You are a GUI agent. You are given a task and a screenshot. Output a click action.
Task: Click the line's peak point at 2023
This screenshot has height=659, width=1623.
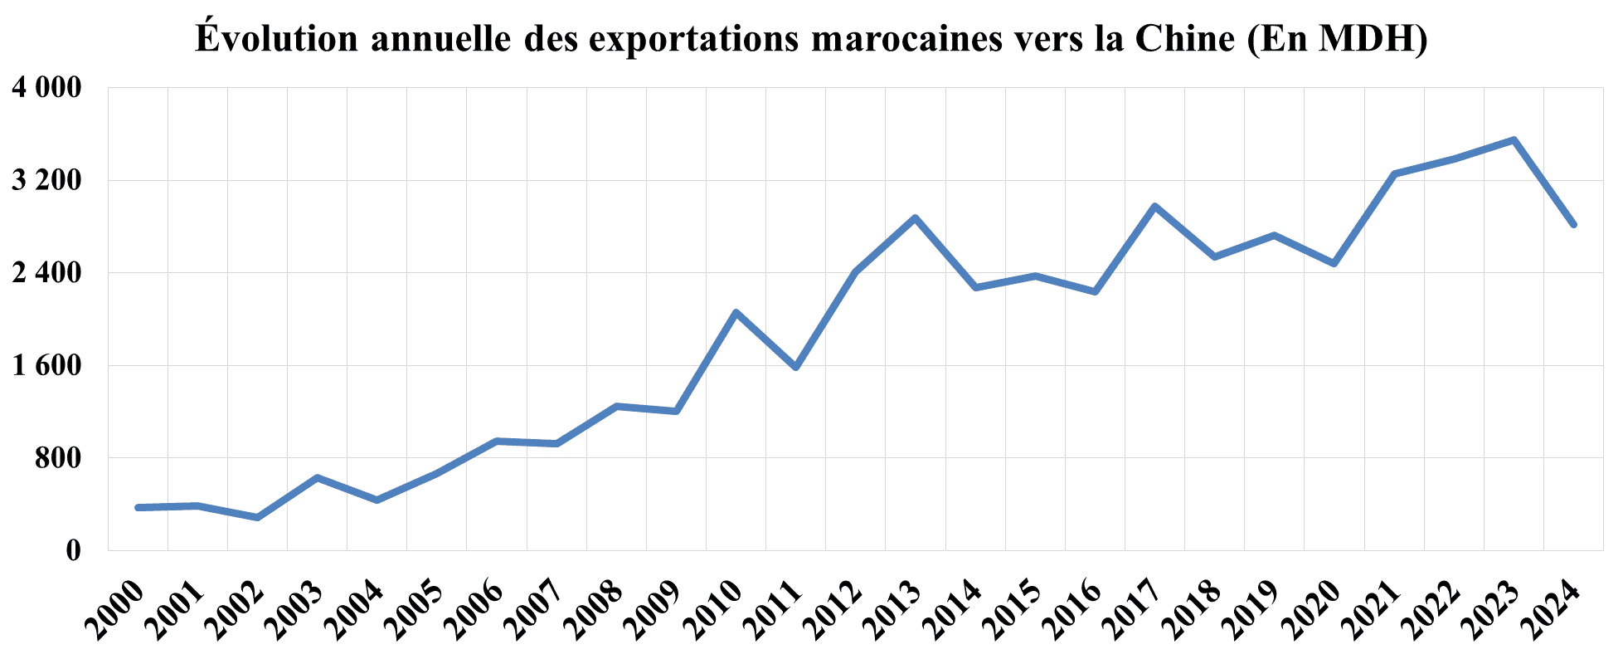coord(1514,140)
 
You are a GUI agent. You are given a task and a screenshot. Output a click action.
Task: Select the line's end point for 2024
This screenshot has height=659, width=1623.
coord(1573,225)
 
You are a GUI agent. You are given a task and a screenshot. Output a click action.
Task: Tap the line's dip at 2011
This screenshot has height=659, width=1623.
coord(795,367)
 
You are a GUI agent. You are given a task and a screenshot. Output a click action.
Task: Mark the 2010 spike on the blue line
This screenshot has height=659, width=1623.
coord(736,312)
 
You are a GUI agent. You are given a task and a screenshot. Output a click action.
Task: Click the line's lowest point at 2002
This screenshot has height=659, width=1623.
coord(257,518)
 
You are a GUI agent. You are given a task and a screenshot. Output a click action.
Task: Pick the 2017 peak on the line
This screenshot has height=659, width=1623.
coord(1154,206)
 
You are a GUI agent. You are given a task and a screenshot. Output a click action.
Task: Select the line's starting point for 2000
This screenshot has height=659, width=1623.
coord(138,507)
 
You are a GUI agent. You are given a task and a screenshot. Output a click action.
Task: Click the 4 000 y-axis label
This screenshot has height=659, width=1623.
coord(46,87)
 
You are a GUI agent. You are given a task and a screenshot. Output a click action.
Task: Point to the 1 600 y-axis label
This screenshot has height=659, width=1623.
coord(46,365)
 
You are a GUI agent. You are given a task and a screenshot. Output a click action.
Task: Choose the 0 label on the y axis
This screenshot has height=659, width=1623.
coord(74,550)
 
